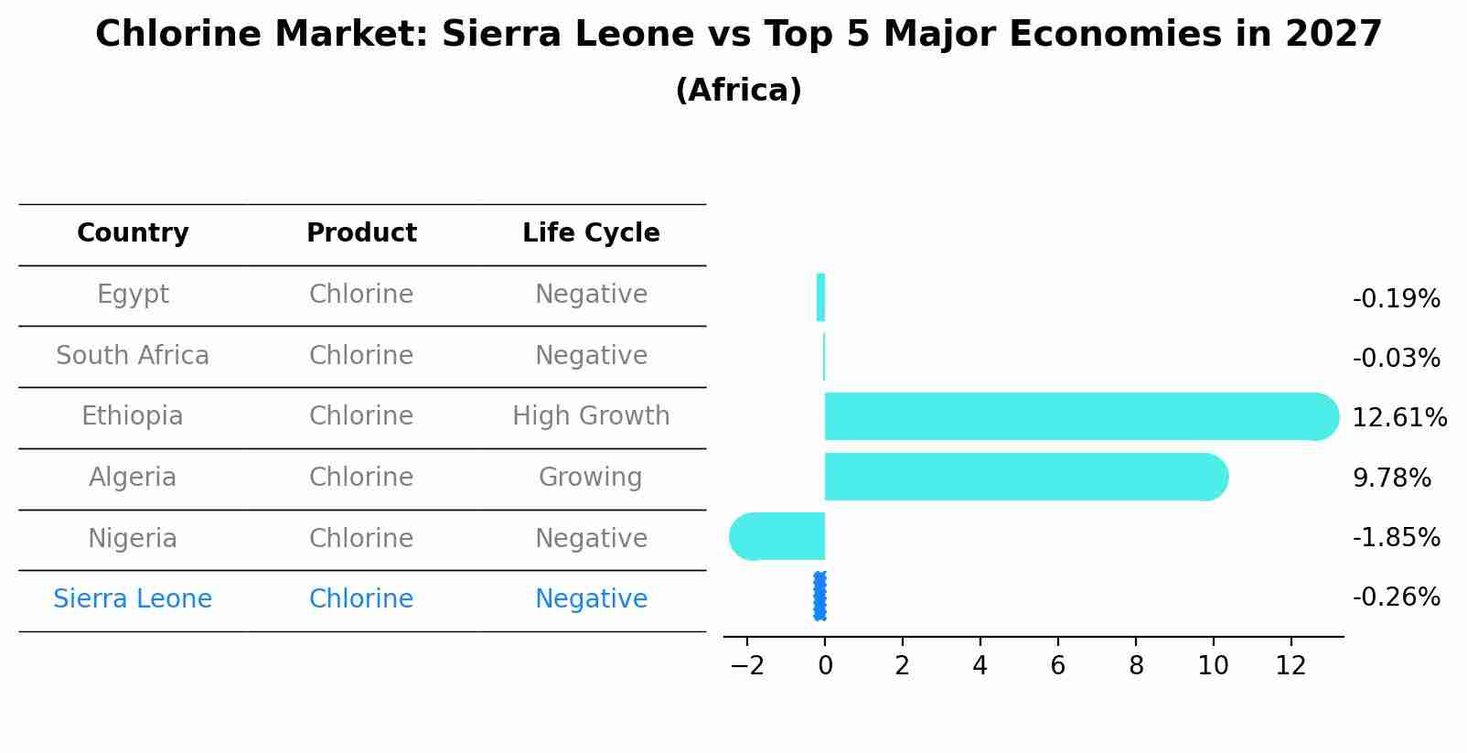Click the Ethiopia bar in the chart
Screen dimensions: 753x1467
(x=1079, y=416)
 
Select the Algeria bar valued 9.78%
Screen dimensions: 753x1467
(x=1024, y=477)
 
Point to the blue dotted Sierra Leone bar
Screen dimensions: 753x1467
(x=819, y=597)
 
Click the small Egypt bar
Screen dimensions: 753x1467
(x=820, y=297)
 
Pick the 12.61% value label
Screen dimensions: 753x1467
(x=1398, y=418)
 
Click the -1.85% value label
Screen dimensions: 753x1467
(x=1396, y=538)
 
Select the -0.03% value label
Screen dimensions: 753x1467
(x=1396, y=359)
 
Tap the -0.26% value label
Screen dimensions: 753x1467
(x=1396, y=597)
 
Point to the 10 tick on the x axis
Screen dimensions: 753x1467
(x=1213, y=666)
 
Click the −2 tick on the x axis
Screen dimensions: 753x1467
(x=746, y=666)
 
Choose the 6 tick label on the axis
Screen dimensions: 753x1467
(x=1057, y=666)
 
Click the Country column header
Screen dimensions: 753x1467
(x=133, y=233)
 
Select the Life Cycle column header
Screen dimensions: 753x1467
(x=591, y=233)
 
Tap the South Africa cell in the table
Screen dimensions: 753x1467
(x=133, y=356)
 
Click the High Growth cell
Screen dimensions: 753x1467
(x=591, y=416)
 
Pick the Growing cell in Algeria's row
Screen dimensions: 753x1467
(x=591, y=478)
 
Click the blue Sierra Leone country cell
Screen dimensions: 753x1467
(x=133, y=599)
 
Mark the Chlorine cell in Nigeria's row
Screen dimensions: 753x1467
(x=361, y=539)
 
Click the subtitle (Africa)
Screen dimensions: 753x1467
(x=738, y=91)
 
